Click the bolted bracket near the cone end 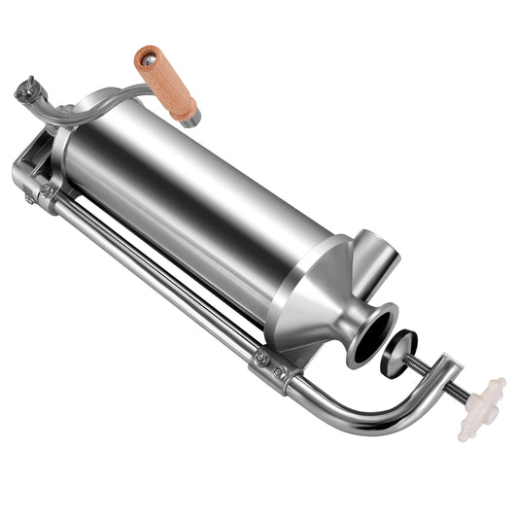coord(274,367)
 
